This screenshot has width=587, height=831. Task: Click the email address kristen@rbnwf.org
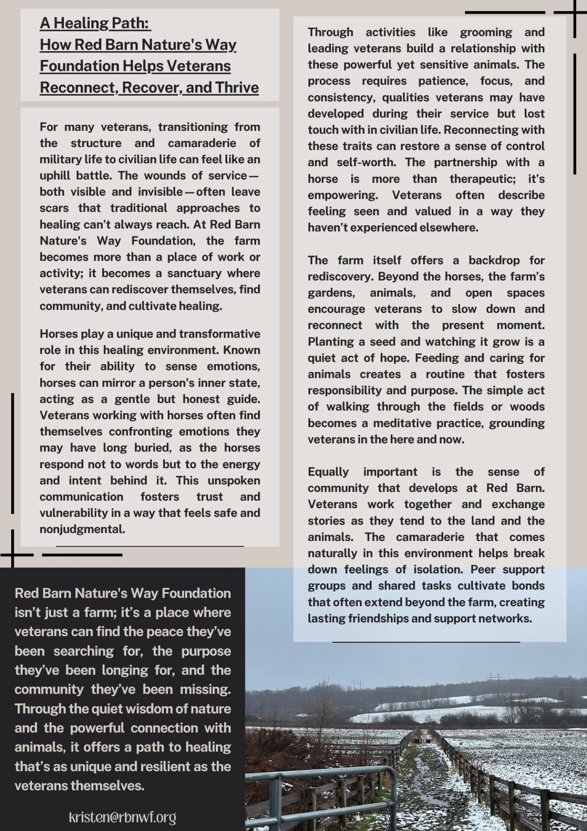point(122,817)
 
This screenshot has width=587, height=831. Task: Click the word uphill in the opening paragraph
point(55,176)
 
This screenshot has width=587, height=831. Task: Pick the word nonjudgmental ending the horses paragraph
point(82,529)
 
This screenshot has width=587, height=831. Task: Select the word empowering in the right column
point(342,195)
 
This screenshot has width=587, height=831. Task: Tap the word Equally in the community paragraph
point(328,472)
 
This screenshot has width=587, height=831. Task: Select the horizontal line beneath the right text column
point(426,642)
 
